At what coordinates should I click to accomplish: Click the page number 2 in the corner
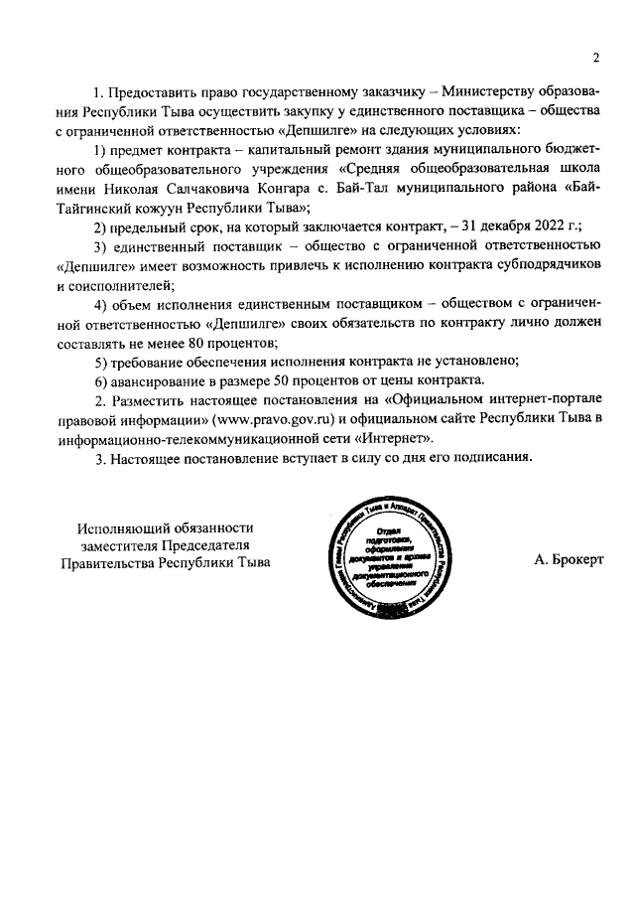point(596,56)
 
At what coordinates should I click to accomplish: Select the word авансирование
point(160,380)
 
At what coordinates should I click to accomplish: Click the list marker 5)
point(101,361)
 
